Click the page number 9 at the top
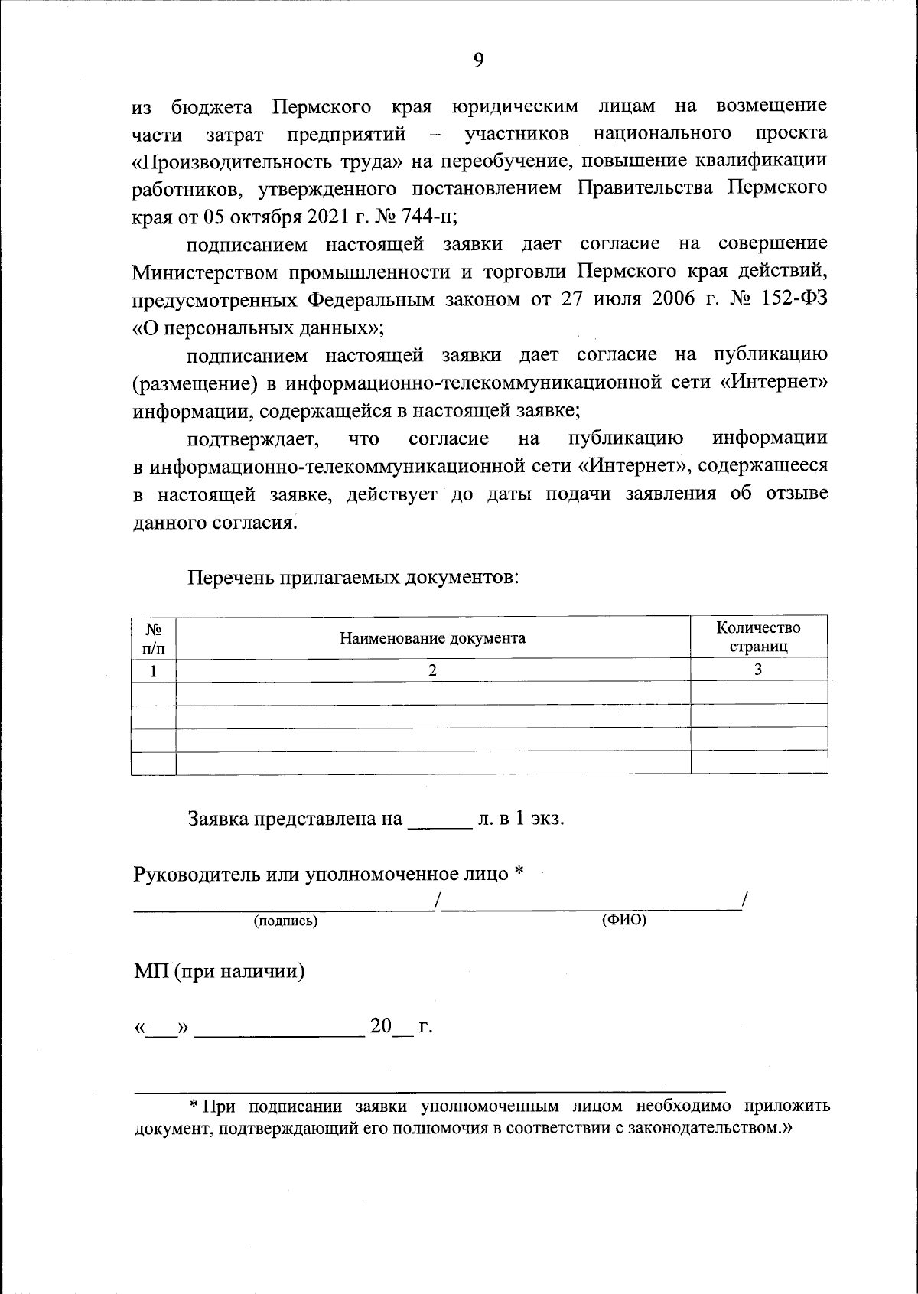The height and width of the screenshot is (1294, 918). click(x=478, y=61)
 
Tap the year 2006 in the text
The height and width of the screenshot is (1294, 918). click(x=673, y=299)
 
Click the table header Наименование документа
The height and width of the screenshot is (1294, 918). click(x=433, y=637)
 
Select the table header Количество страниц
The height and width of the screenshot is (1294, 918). click(x=758, y=637)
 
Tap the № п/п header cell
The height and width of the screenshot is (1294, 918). click(x=154, y=637)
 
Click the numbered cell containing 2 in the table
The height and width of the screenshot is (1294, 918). click(x=433, y=670)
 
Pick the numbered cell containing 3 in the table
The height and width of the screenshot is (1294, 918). click(x=758, y=670)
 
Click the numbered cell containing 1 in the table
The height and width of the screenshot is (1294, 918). click(x=154, y=671)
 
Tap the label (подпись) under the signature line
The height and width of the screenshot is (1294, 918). click(x=285, y=921)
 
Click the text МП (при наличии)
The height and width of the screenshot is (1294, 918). click(x=220, y=972)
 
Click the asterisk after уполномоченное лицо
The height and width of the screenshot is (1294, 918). click(x=519, y=872)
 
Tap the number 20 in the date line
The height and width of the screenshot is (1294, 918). click(x=381, y=1026)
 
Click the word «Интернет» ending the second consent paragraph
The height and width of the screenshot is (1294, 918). click(x=774, y=383)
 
